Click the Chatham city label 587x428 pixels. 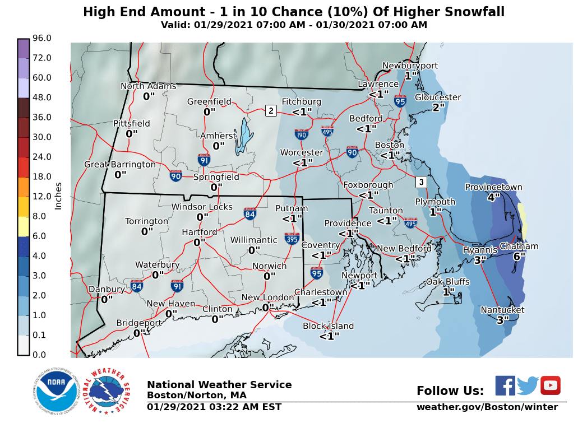519,246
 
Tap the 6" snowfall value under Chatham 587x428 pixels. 519,256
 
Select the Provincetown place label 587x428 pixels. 493,188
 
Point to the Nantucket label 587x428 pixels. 502,310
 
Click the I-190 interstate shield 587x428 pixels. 301,134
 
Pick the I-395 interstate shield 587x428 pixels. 292,239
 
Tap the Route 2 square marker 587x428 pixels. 271,110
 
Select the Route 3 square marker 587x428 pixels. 421,182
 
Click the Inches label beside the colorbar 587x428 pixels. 58,196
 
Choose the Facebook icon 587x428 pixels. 505,385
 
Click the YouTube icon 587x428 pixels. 550,385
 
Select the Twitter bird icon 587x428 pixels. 528,385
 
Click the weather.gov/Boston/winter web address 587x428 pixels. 487,407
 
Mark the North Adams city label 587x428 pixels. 149,86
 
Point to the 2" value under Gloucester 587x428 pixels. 438,107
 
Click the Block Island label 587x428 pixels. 329,326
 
